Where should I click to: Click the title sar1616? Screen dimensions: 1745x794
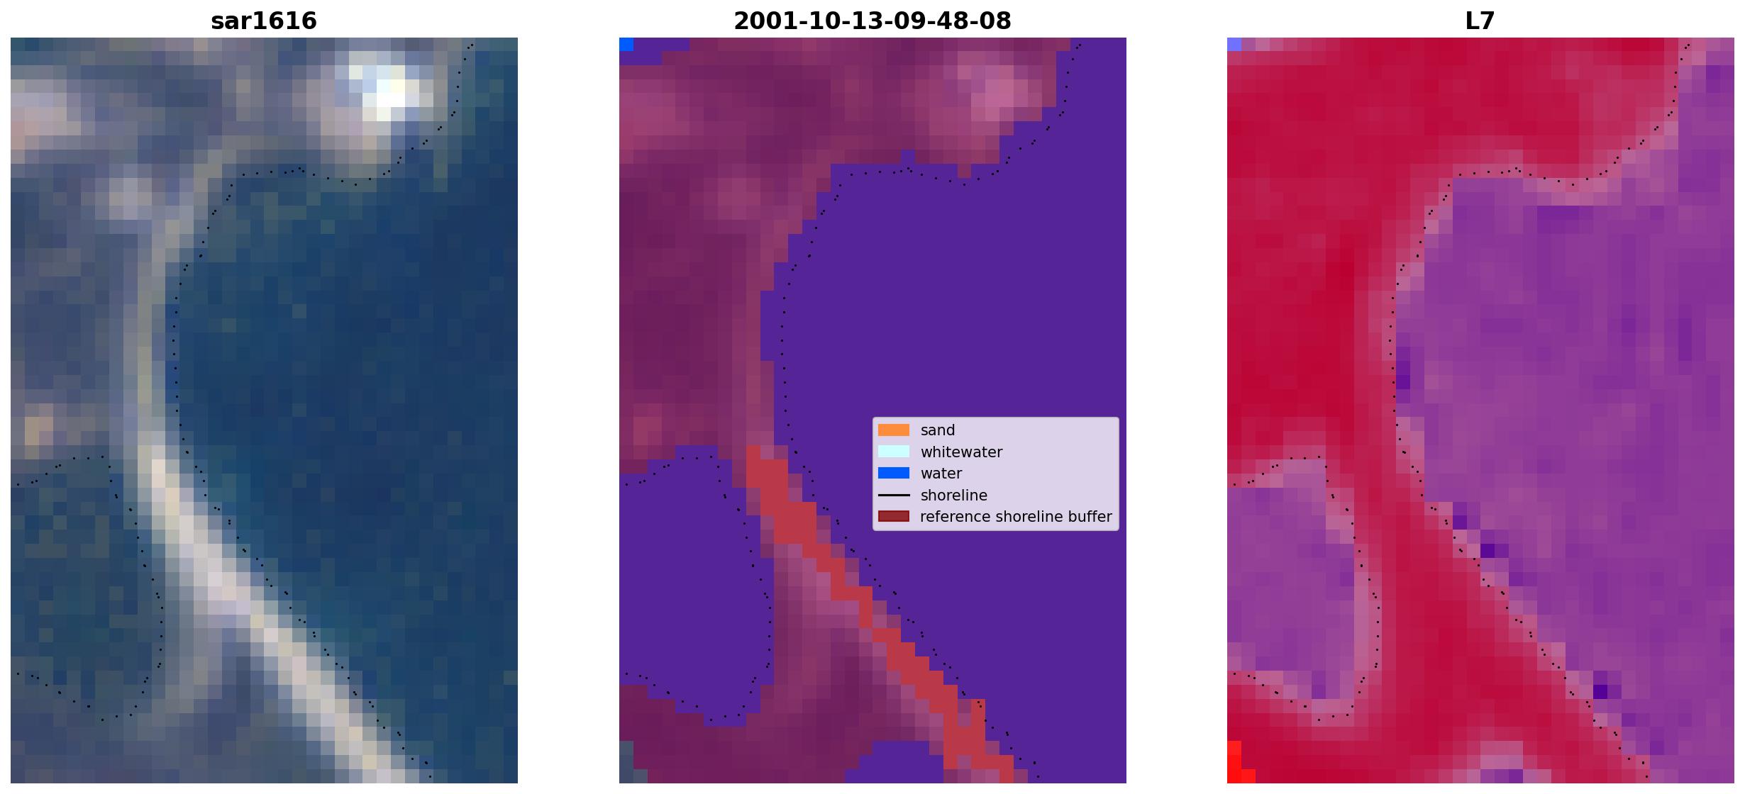[264, 21]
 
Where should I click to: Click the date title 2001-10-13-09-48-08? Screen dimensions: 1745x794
[872, 21]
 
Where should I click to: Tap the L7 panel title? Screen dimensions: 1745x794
[1480, 21]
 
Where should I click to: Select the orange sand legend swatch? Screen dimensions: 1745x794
[894, 430]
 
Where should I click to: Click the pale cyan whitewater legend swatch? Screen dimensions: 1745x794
[894, 452]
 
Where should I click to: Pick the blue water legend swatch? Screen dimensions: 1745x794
[894, 473]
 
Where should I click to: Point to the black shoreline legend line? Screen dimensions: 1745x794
[894, 495]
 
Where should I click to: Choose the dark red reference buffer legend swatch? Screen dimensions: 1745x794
[894, 516]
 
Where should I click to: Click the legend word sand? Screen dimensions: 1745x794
[938, 430]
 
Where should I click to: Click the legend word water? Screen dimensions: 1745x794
[941, 474]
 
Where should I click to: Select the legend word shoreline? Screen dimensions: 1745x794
[954, 496]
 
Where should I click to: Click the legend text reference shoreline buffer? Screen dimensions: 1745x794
[1016, 517]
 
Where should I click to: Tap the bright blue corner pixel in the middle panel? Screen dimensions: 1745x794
[626, 44]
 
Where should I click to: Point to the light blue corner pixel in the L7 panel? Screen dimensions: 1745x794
[1234, 44]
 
